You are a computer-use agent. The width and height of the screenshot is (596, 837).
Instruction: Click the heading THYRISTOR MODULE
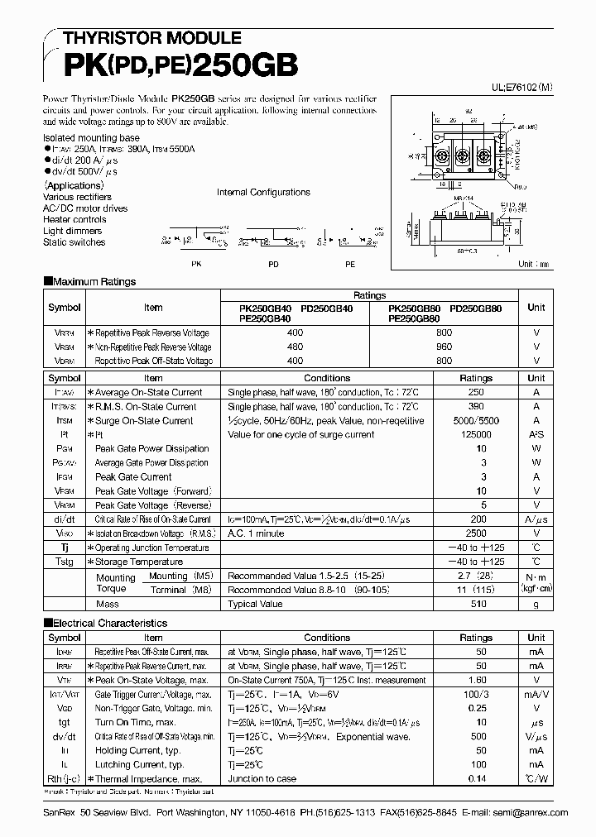click(142, 38)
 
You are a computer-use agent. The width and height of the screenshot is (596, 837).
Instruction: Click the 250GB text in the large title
click(240, 65)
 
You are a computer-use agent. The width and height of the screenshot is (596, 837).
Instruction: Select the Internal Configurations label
click(263, 193)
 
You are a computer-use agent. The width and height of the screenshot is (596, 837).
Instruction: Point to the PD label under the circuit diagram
click(273, 264)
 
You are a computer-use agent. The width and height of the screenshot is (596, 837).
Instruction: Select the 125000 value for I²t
click(476, 435)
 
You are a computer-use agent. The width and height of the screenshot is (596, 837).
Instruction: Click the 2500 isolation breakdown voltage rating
click(476, 533)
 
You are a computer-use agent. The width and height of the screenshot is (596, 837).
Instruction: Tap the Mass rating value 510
click(476, 605)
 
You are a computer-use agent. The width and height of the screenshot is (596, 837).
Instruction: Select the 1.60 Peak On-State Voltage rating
click(476, 680)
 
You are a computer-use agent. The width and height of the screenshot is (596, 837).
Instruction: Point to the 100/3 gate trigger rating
click(476, 695)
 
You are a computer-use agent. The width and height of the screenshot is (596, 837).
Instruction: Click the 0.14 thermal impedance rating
click(476, 779)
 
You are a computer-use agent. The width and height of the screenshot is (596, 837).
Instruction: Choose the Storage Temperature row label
click(140, 562)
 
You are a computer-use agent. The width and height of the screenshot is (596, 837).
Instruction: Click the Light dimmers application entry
click(74, 232)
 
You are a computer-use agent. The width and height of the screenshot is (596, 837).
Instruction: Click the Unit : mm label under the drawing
click(536, 265)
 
